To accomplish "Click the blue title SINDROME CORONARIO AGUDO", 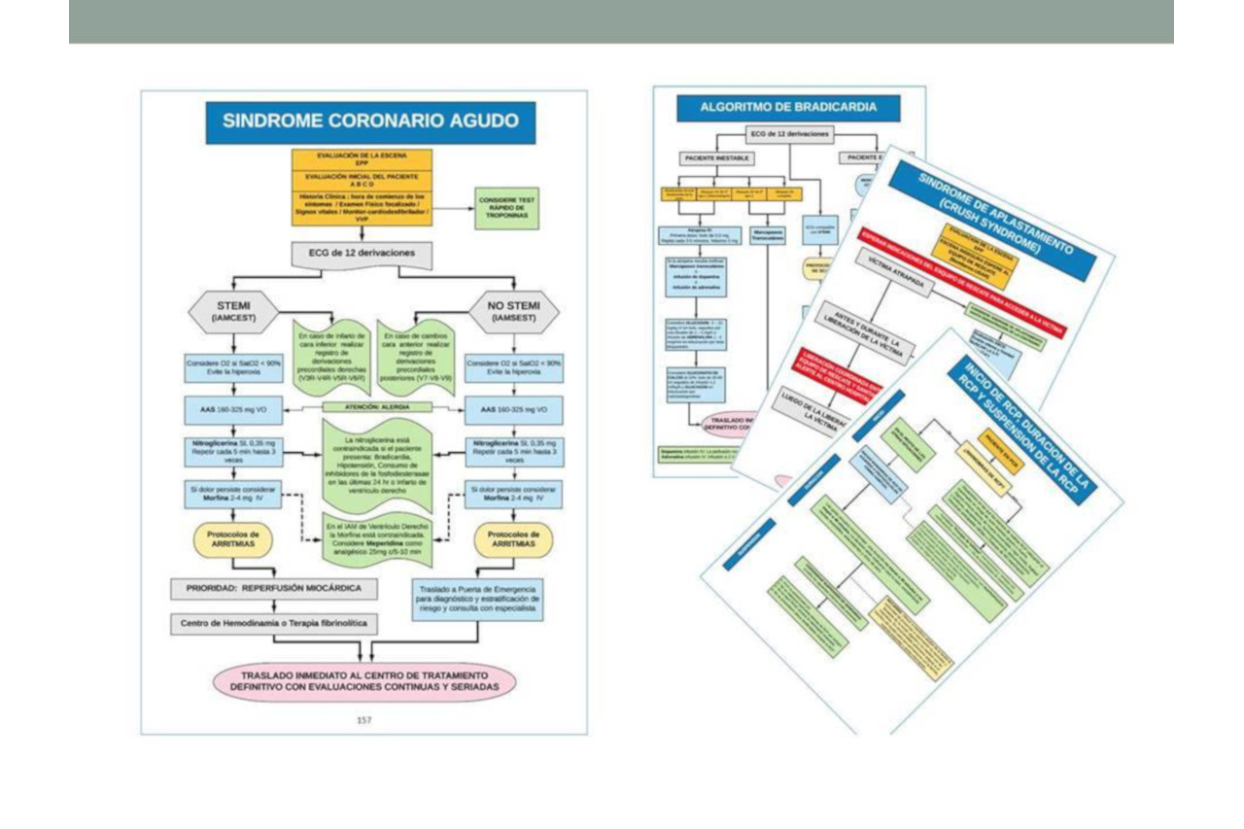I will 370,122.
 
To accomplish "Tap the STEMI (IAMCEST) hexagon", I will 234,311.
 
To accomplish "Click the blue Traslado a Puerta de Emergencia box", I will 476,599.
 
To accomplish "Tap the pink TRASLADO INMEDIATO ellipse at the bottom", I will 363,679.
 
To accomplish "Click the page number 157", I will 363,720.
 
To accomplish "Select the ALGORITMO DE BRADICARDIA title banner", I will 788,107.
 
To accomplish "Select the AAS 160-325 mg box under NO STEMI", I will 513,408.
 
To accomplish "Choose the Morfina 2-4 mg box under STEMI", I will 233,494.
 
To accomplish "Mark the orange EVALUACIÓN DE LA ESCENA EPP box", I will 362,159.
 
